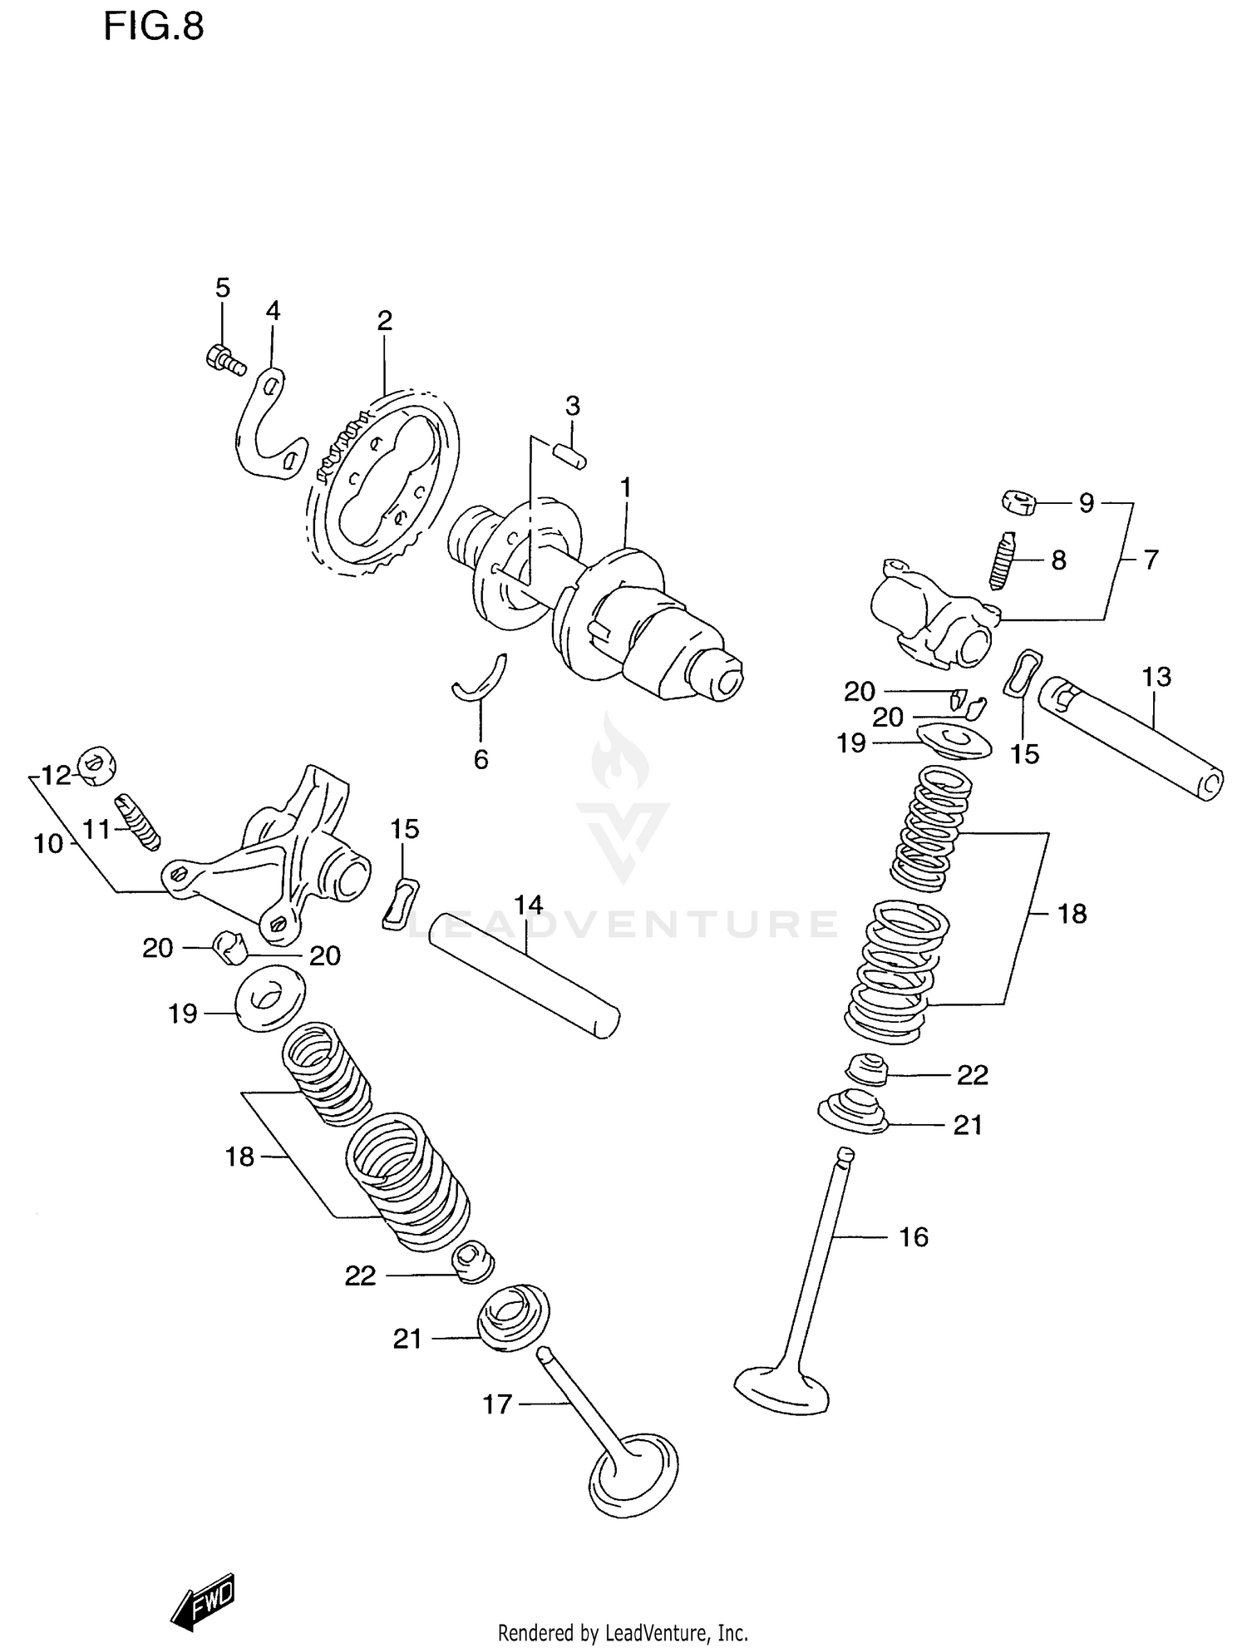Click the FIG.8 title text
tap(153, 27)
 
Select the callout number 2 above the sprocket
tap(384, 321)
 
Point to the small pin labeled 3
tap(570, 456)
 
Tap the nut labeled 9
tap(1018, 503)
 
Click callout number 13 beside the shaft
tap(1156, 677)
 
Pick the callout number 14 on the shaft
tap(528, 905)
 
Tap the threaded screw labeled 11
tap(137, 821)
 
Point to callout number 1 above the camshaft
tap(625, 487)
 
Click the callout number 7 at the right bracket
tap(1151, 560)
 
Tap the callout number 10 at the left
tap(48, 844)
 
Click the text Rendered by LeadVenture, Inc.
tap(623, 1633)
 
